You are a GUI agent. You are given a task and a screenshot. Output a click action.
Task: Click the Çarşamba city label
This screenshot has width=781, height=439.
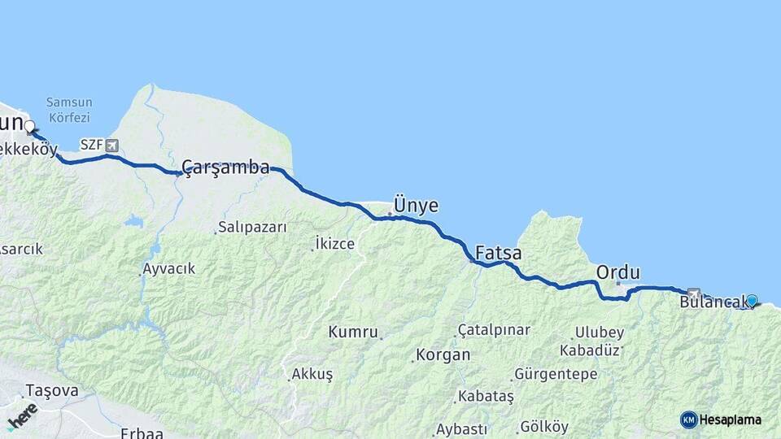coord(225,167)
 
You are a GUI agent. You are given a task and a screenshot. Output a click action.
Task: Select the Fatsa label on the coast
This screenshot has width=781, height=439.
coord(498,253)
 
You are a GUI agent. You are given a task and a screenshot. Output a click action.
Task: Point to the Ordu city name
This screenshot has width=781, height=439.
coord(618,272)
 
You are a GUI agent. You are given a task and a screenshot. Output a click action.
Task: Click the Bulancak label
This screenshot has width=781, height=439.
coord(713,303)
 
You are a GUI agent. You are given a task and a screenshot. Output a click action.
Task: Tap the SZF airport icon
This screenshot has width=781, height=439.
coord(111,146)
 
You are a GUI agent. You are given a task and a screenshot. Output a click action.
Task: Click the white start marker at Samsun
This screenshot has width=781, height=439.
coord(29,126)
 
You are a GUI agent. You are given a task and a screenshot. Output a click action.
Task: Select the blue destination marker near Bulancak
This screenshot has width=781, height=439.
coord(752,301)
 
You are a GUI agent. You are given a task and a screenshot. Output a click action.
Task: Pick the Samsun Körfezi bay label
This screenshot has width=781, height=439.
coord(69,109)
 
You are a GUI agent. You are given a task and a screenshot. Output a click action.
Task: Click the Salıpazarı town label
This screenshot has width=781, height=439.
coord(253,228)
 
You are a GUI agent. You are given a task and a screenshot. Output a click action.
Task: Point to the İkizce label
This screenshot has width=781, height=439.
coord(335,243)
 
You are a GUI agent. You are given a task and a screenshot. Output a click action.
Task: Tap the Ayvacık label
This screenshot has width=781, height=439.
coord(169,268)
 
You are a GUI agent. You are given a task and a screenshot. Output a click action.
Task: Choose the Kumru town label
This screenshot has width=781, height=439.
coord(353,332)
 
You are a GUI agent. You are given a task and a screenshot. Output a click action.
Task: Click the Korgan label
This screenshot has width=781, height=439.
coord(443,355)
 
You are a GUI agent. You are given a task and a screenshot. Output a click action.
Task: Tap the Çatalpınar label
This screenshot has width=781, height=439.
coord(494,330)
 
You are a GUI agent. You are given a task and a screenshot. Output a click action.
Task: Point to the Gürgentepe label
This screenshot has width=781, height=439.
coord(556,375)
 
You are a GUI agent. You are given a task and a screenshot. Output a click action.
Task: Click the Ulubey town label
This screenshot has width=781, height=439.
coord(600,333)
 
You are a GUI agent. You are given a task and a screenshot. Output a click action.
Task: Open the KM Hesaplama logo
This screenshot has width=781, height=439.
coord(721,419)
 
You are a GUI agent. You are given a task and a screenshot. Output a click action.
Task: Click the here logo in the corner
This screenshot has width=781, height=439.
coord(22,415)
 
